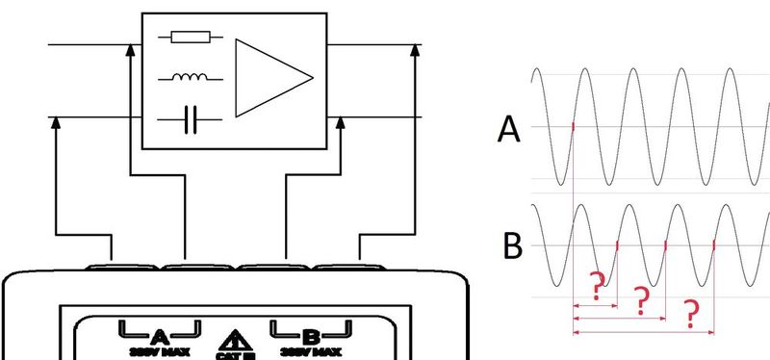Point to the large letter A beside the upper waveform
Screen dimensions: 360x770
click(x=508, y=129)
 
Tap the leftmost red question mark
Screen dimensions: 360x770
click(x=596, y=285)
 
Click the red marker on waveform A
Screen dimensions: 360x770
click(x=573, y=127)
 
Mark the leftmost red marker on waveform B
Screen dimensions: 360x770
click(x=616, y=244)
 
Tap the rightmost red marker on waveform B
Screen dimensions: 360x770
click(x=713, y=244)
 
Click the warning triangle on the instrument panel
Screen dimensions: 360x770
click(x=235, y=340)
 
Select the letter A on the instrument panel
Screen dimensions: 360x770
click(x=160, y=336)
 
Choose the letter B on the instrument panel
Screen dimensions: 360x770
click(x=311, y=336)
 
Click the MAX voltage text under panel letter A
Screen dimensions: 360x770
click(x=160, y=352)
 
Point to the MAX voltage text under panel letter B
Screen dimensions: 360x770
click(x=311, y=352)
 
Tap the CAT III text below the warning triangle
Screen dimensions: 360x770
click(x=235, y=355)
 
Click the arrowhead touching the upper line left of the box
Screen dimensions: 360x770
click(x=130, y=49)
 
